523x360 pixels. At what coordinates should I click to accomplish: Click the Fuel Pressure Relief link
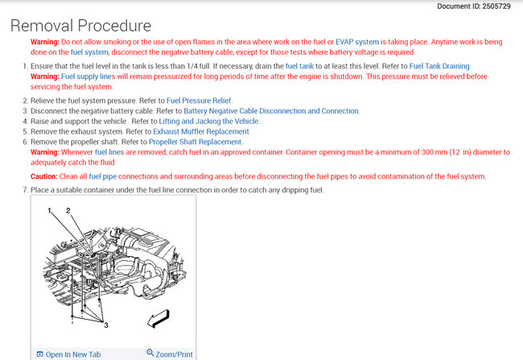(x=199, y=99)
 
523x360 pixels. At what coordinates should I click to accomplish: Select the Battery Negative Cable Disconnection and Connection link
(x=271, y=110)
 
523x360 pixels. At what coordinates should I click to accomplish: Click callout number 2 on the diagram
(x=68, y=209)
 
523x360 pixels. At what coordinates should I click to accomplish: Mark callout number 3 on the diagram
(x=105, y=324)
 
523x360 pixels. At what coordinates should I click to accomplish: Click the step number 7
(x=26, y=190)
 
